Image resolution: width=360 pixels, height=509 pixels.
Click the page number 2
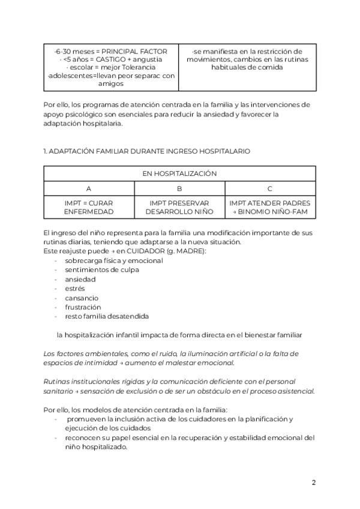click(314, 482)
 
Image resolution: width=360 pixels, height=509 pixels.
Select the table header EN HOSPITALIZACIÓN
click(179, 173)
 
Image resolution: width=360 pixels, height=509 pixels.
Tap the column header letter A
click(89, 188)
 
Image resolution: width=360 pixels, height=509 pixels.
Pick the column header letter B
click(179, 188)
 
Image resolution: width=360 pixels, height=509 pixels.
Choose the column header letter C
click(270, 188)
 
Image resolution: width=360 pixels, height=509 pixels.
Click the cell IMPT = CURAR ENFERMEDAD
click(89, 208)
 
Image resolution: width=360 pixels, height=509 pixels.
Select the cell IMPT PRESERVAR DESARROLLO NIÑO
click(179, 208)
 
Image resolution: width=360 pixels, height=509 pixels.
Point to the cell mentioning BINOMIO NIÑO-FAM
click(270, 212)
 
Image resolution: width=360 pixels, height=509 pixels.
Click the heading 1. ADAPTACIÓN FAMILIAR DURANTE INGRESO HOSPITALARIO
click(147, 151)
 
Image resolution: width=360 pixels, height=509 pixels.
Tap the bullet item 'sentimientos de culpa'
click(101, 270)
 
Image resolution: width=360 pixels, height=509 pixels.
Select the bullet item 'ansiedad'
click(80, 279)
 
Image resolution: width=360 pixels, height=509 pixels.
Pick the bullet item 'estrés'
click(75, 289)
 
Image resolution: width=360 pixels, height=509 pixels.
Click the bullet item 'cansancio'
click(82, 298)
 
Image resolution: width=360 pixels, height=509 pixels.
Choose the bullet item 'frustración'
click(83, 307)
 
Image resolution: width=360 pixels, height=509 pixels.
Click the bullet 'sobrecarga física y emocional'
click(113, 261)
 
